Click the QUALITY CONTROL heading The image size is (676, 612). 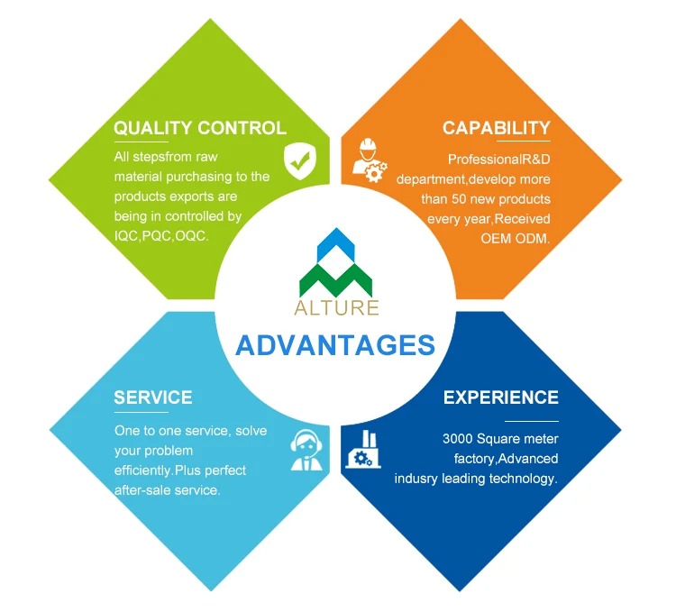(x=199, y=128)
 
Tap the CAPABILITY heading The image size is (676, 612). (x=496, y=128)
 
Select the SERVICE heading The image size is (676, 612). (x=152, y=397)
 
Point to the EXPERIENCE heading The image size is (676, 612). (x=500, y=397)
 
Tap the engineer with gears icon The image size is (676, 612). (x=370, y=160)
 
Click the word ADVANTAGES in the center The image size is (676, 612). (x=335, y=345)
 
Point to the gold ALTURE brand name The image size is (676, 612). (x=336, y=307)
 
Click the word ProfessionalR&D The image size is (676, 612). (x=498, y=158)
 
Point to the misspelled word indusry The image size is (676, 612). (x=416, y=479)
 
